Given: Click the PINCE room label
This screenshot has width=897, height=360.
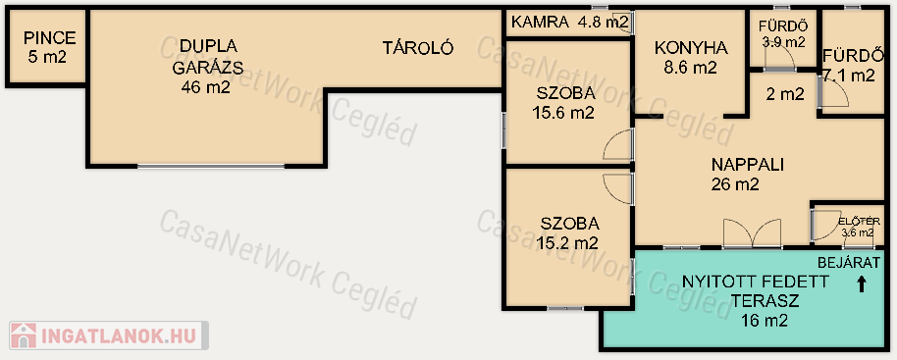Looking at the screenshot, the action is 50,38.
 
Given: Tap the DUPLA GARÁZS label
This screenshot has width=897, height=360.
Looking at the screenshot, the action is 208,57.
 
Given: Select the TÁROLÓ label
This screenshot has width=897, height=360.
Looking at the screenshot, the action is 418,48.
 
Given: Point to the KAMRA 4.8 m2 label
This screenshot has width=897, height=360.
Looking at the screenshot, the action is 570,23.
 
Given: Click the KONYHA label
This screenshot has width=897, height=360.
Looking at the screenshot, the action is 691,48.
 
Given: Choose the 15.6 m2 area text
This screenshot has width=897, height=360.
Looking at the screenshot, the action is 563,113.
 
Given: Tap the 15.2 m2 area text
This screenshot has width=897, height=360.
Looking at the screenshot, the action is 567,243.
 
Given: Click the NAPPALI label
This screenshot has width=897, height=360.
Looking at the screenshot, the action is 747,165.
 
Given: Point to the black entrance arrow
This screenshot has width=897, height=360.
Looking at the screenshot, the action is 862,284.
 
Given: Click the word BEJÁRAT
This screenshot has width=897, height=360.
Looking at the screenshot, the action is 848,263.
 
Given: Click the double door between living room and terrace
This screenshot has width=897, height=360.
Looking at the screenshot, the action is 753,233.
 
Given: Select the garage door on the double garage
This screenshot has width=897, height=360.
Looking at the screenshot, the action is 211,167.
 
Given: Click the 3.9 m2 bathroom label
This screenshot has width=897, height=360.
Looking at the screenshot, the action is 783,42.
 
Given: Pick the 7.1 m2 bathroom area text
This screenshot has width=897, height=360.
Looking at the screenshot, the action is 850,76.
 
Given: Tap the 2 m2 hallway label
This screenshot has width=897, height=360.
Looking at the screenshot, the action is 785,94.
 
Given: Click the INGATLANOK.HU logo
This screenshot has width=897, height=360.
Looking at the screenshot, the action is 108,335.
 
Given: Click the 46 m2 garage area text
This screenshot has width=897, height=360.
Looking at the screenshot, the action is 205,87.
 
